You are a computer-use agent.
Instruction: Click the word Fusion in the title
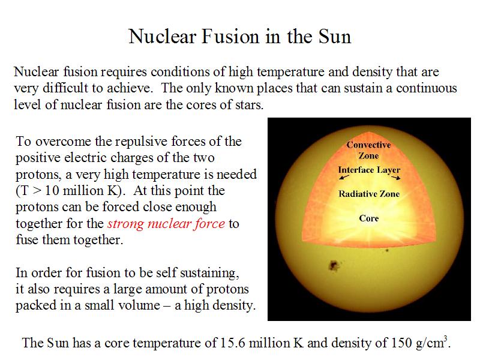click(x=230, y=37)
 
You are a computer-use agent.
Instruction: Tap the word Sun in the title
click(x=335, y=37)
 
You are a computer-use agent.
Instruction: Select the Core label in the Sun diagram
click(x=369, y=218)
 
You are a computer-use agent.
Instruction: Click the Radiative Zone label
click(x=369, y=194)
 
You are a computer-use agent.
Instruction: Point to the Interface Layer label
click(x=369, y=170)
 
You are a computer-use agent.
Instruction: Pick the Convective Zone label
click(x=368, y=150)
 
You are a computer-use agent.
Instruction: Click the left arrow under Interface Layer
click(x=344, y=177)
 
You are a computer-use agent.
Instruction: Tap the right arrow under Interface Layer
click(x=396, y=177)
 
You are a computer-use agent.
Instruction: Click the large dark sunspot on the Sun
click(x=334, y=265)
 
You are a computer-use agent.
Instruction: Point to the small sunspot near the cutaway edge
click(x=387, y=250)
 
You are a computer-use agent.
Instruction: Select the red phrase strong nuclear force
click(x=166, y=224)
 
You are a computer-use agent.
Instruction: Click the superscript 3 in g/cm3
click(x=446, y=338)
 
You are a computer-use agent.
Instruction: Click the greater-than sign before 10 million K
click(x=37, y=191)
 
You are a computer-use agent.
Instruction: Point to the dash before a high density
click(x=167, y=306)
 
